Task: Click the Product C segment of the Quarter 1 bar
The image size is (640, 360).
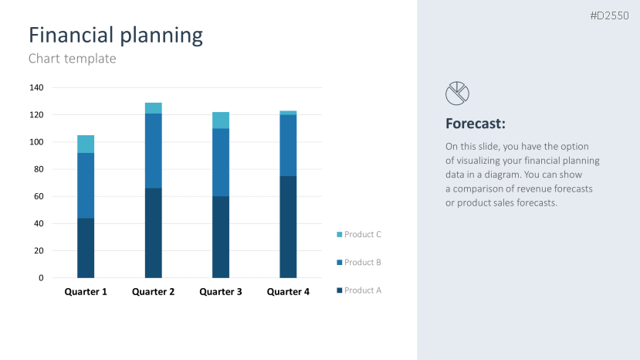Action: (x=86, y=144)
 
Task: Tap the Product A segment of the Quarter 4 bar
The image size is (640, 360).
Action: (x=288, y=226)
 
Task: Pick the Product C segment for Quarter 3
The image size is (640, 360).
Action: (x=221, y=120)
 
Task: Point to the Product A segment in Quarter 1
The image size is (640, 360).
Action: (x=86, y=247)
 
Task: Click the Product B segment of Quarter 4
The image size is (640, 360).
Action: (x=288, y=145)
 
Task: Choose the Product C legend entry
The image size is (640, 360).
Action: (x=362, y=234)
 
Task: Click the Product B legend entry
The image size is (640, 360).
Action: (x=362, y=263)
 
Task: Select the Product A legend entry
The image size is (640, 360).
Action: (x=362, y=290)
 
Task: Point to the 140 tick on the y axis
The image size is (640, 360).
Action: (x=36, y=87)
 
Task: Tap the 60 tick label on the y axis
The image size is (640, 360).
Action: (x=38, y=196)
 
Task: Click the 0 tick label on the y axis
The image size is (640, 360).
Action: (x=41, y=278)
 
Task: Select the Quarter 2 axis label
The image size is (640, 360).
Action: (x=154, y=292)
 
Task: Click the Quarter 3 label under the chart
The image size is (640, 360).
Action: (x=221, y=292)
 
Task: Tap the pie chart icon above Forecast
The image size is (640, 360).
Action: (x=457, y=93)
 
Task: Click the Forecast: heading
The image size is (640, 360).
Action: (x=476, y=124)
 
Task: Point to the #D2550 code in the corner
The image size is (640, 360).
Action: (x=610, y=15)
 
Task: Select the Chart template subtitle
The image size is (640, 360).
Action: (x=72, y=58)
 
